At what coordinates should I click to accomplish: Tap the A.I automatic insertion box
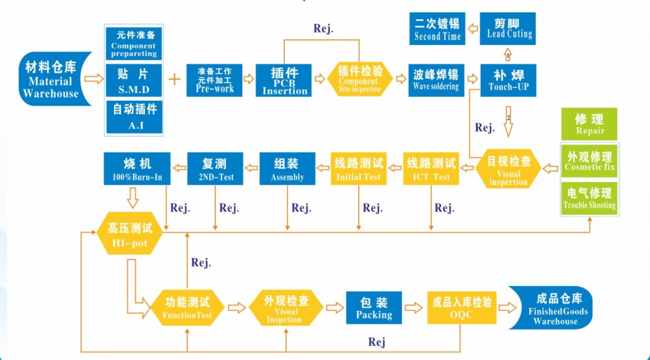(134, 117)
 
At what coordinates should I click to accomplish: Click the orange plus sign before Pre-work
(174, 80)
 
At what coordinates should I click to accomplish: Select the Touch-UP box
(509, 80)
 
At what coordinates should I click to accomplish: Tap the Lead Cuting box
(509, 28)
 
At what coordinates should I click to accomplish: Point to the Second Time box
(438, 29)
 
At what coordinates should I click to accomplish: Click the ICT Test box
(432, 169)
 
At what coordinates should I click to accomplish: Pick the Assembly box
(287, 169)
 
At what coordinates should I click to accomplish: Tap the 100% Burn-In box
(137, 169)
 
